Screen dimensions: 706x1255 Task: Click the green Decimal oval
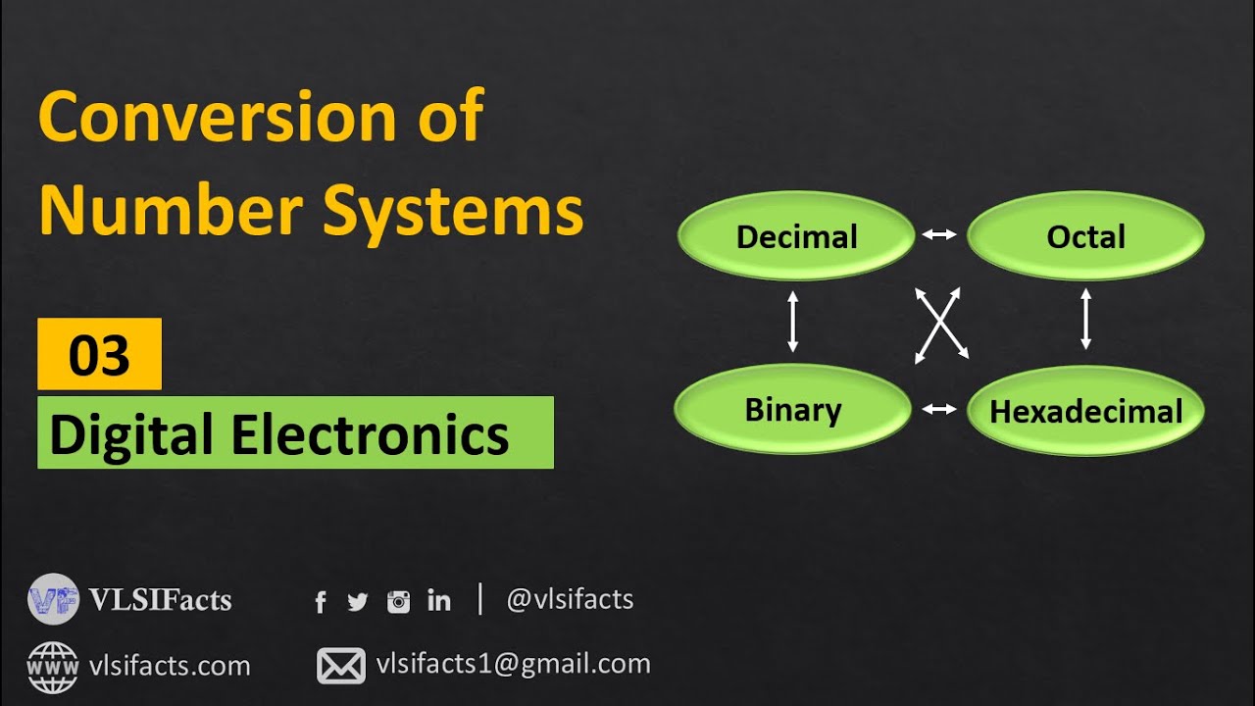[796, 236]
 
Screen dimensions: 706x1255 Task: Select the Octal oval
[1085, 236]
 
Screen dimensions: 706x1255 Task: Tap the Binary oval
[793, 410]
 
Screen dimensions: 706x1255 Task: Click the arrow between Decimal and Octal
[939, 234]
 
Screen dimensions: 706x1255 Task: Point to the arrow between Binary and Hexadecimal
[939, 409]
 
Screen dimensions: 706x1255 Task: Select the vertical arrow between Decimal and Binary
[793, 321]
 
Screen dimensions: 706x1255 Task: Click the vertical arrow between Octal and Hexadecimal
[1085, 319]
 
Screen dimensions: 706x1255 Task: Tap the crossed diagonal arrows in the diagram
[941, 326]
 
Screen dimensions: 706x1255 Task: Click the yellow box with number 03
[99, 354]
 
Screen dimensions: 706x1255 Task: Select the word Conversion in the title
[216, 117]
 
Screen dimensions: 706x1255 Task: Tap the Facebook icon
[321, 602]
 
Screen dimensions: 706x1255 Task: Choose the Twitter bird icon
[358, 602]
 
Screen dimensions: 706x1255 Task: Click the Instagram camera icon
[398, 602]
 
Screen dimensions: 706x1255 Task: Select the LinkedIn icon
[439, 601]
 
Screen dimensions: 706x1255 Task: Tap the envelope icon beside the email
[340, 666]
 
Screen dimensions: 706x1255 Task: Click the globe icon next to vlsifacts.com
[52, 666]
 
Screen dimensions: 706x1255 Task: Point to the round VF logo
[53, 599]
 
